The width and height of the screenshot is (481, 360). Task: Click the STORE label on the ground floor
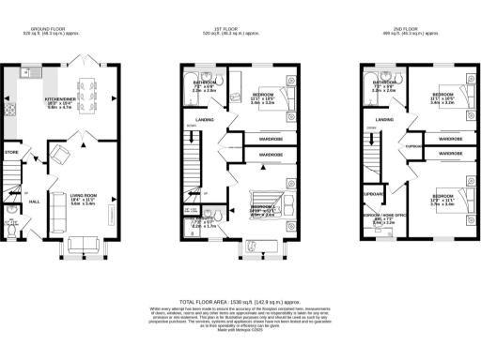(x=12, y=151)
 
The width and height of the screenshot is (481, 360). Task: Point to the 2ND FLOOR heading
(x=406, y=29)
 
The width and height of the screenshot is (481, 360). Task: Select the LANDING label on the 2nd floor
(x=383, y=120)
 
